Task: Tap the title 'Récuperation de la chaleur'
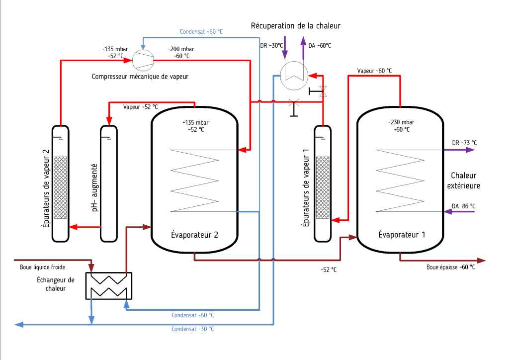296,26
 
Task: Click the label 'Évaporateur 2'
195,235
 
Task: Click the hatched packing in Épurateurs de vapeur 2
60,188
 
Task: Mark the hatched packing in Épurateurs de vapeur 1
322,188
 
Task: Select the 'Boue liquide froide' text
42,267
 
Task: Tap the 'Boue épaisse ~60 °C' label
451,267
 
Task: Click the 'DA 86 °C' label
463,206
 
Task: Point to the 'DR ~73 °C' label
464,143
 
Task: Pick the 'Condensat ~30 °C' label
193,329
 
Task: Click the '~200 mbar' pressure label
181,49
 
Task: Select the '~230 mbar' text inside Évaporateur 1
401,122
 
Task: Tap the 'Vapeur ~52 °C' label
141,107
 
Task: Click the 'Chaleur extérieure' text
465,180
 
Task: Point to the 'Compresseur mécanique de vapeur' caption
140,77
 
